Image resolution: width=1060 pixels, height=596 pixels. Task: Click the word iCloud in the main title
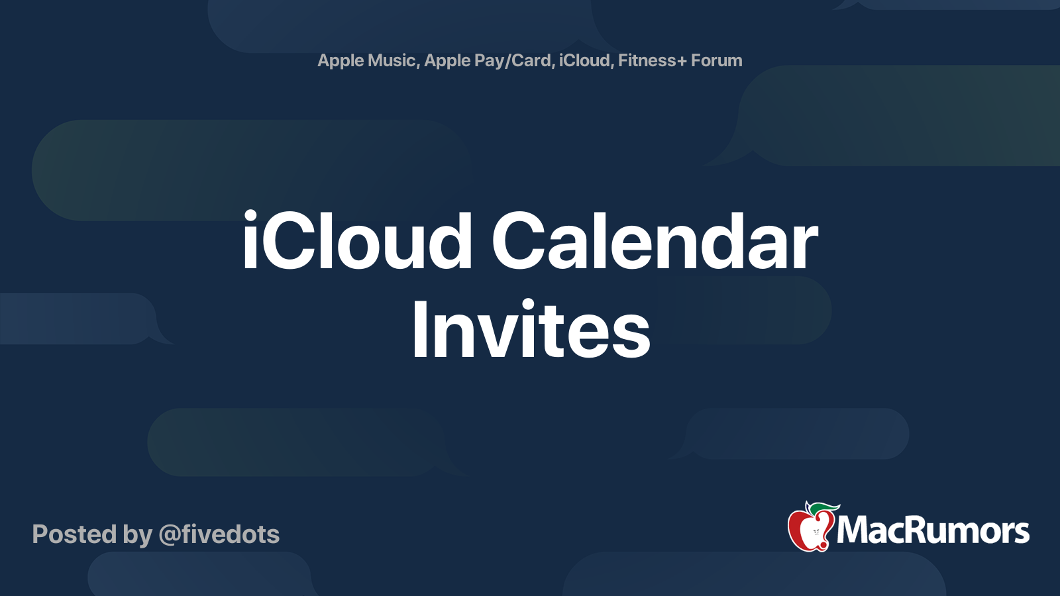(x=357, y=240)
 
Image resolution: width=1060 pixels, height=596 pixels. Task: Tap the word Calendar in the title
(x=655, y=240)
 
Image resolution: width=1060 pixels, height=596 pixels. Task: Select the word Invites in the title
(x=531, y=328)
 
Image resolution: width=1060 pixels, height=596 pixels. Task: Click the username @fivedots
(x=219, y=534)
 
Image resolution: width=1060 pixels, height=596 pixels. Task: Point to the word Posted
(x=74, y=534)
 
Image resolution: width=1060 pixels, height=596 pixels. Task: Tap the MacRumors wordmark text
(x=933, y=530)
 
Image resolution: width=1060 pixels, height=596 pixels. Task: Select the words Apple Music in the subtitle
(x=367, y=60)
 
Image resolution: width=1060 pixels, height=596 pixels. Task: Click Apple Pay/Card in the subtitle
(x=488, y=61)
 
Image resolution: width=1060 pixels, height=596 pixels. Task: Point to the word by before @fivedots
(x=138, y=535)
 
